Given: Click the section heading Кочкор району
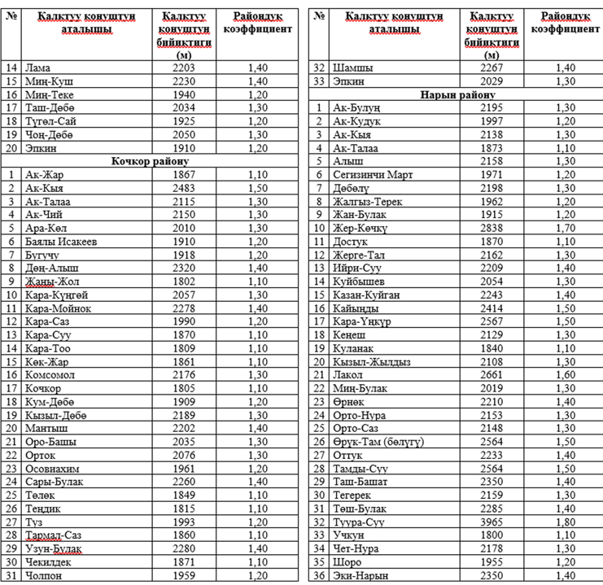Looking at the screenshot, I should click(x=149, y=161).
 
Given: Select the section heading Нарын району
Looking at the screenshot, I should click(x=457, y=94).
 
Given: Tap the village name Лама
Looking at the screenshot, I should click(x=38, y=68).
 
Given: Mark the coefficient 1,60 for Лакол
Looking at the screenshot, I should click(x=565, y=375).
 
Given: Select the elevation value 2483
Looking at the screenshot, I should click(x=184, y=188).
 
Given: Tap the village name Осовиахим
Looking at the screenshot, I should click(x=55, y=469).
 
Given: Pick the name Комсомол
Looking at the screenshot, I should click(x=51, y=375).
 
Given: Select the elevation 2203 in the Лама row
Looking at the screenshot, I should click(x=184, y=68).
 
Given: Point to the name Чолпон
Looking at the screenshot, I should click(x=46, y=576).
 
